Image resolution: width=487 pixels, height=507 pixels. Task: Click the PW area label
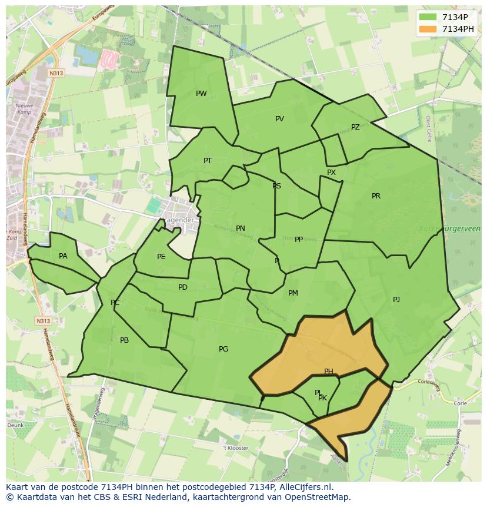pyautogui.click(x=201, y=94)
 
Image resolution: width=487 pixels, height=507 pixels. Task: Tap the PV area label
pyautogui.click(x=279, y=119)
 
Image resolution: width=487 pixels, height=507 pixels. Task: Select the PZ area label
pyautogui.click(x=355, y=127)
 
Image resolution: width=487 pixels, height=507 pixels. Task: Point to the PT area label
pyautogui.click(x=208, y=161)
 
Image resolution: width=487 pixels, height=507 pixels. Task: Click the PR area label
pyautogui.click(x=376, y=196)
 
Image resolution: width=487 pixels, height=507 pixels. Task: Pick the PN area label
pyautogui.click(x=241, y=228)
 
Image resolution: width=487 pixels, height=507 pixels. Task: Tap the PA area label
pyautogui.click(x=63, y=256)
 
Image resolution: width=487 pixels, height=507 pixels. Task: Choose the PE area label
pyautogui.click(x=161, y=257)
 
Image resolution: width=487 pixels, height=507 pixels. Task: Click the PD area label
pyautogui.click(x=183, y=287)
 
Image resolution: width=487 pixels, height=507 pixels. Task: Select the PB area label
pyautogui.click(x=124, y=340)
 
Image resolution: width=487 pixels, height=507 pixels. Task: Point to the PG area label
pyautogui.click(x=224, y=349)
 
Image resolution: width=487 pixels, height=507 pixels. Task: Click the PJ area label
pyautogui.click(x=396, y=300)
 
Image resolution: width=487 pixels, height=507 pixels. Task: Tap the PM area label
pyautogui.click(x=293, y=293)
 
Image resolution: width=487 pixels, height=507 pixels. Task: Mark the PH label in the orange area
pyautogui.click(x=329, y=372)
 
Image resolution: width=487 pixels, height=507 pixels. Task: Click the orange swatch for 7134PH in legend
pyautogui.click(x=428, y=29)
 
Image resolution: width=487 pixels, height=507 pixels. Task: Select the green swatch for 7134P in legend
pyautogui.click(x=428, y=17)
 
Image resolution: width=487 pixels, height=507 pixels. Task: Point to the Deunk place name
pyautogui.click(x=15, y=425)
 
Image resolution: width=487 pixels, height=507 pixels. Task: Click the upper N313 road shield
pyautogui.click(x=56, y=73)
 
